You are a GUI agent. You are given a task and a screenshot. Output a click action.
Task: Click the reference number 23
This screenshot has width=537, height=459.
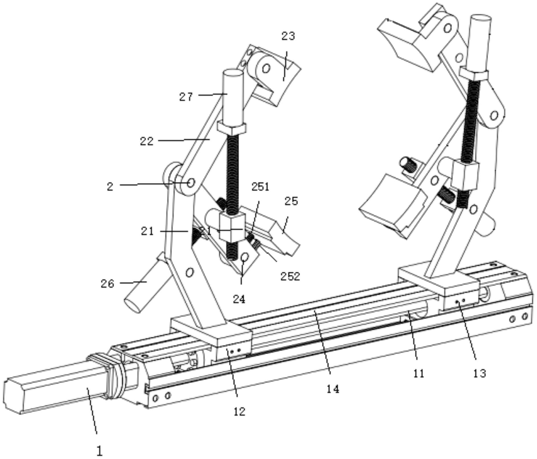pos(288,36)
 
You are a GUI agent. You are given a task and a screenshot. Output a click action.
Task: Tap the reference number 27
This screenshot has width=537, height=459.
pos(186,97)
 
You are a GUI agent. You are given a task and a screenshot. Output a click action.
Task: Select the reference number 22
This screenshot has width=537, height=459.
pos(147,141)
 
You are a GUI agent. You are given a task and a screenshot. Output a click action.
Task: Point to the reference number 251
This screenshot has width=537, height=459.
pos(260,187)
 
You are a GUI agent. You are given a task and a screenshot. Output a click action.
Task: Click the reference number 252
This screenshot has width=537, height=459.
pos(290,276)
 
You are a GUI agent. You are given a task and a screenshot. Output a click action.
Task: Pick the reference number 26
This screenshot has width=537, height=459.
pos(107,284)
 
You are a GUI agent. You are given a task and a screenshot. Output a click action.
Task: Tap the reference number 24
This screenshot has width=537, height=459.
pos(239,299)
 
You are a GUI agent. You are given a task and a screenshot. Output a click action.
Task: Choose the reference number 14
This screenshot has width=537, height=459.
pos(333,389)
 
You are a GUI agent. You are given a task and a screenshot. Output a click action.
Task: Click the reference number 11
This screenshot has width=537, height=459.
pos(419,373)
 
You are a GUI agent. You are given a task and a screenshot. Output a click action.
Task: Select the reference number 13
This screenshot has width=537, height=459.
pos(479,373)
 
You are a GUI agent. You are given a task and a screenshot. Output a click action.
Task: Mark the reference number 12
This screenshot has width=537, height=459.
pos(239,411)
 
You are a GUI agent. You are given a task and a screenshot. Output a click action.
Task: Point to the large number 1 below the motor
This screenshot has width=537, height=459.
pos(99,451)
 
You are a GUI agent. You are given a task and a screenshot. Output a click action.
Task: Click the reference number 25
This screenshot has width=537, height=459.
pos(291,201)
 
